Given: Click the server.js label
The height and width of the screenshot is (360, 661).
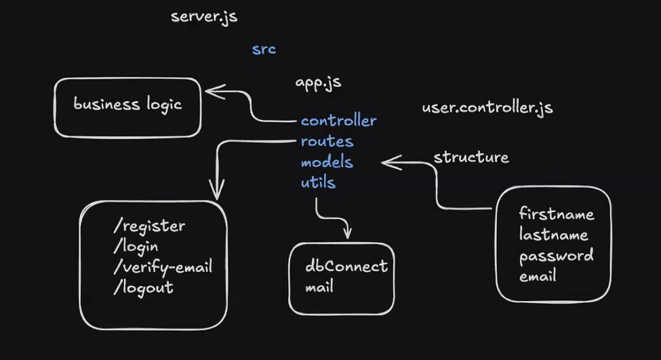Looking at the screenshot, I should click(204, 16).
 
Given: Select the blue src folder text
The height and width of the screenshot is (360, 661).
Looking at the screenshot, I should click(264, 49).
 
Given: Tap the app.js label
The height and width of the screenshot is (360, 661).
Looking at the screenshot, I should click(318, 83).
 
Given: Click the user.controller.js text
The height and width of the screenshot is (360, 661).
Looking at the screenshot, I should click(487, 107).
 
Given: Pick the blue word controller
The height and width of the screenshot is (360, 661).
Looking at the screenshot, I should click(338, 121).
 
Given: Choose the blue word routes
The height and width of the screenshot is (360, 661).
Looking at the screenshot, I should click(327, 142).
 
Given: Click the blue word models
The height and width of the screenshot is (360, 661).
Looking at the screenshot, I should click(327, 162).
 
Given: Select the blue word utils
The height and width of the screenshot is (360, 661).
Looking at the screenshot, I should click(318, 182).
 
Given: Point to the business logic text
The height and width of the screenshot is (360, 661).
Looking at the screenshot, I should click(127, 104).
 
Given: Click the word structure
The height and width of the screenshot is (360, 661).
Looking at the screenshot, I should click(470, 157).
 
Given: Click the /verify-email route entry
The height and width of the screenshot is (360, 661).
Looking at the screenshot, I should click(163, 266).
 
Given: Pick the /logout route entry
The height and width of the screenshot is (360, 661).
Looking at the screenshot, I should click(143, 287).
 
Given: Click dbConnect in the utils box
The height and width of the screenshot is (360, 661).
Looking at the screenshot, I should click(346, 266).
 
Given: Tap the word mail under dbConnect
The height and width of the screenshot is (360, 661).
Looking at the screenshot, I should click(319, 287).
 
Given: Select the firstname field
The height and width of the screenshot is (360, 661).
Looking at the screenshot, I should click(557, 214).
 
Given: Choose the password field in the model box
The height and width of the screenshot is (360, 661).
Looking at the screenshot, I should click(556, 256).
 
